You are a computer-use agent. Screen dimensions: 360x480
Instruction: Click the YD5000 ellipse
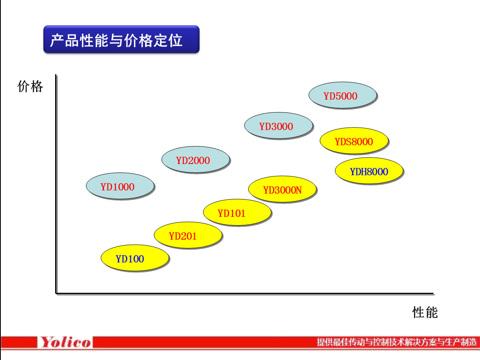pos(343,96)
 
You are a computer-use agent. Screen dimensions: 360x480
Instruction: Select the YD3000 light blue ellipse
pos(278,126)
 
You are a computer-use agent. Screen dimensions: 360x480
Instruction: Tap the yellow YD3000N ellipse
pos(282,189)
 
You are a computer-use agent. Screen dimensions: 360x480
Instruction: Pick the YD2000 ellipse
pos(195,160)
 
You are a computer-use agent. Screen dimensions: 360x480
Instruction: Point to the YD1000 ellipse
pos(120,186)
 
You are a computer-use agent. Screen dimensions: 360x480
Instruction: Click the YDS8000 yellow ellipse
pos(354,141)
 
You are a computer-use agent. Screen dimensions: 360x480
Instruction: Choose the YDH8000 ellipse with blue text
pos(368,171)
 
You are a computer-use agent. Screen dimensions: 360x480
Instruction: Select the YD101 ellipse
pos(237,212)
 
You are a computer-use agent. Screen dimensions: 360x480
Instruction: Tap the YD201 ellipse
pos(188,235)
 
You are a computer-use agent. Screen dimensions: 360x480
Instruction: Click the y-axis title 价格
pos(30,86)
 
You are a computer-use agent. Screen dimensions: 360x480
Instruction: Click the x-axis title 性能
pos(425,312)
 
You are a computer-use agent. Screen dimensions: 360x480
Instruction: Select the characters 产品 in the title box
pos(64,40)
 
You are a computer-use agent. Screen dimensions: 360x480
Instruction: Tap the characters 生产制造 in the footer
pos(462,342)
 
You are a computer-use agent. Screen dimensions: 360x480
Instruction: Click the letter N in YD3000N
pos(298,190)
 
